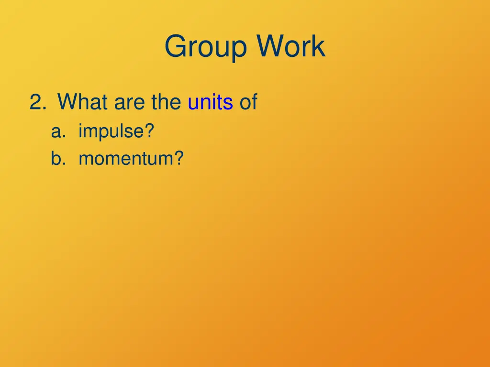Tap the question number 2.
[x=35, y=102]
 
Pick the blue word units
[x=210, y=102]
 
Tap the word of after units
[x=248, y=102]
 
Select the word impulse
[x=111, y=131]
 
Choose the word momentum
[x=126, y=158]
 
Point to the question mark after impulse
[x=150, y=131]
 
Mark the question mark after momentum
[x=179, y=158]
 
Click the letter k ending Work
[x=319, y=47]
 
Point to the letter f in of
[x=254, y=102]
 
